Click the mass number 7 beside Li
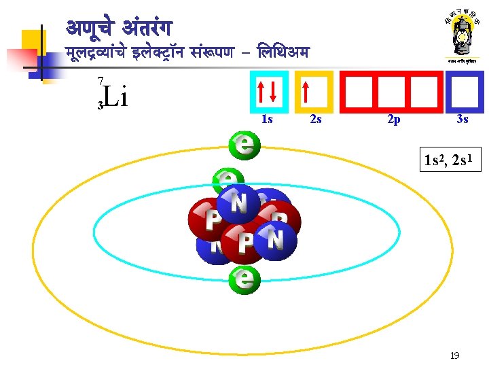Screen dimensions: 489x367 (100, 82)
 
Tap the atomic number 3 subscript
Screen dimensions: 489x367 (100, 105)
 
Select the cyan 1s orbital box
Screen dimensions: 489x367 (269, 91)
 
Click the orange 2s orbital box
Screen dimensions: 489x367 (313, 91)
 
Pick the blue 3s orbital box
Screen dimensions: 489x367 (465, 91)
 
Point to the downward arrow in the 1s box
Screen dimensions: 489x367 (274, 91)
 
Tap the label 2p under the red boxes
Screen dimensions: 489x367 (393, 120)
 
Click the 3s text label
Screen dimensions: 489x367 (463, 120)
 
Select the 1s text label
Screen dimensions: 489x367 (267, 120)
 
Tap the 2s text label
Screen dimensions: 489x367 (315, 120)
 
